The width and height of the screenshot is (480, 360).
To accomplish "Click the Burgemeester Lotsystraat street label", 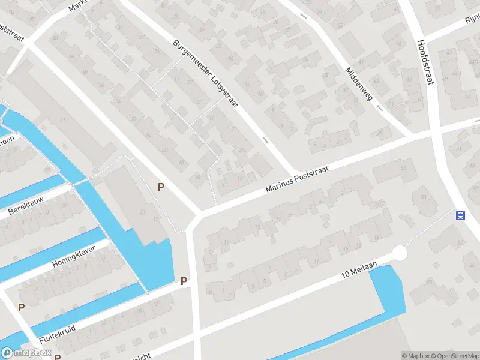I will click(x=206, y=75).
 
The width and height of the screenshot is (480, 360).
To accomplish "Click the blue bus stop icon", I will click(x=460, y=215).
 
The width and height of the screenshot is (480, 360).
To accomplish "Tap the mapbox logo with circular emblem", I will click(x=26, y=353).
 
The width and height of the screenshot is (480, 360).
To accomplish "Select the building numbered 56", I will click(x=424, y=196).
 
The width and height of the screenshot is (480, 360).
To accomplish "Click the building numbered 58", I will click(x=404, y=169).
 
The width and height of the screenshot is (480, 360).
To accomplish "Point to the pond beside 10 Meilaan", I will click(x=387, y=294).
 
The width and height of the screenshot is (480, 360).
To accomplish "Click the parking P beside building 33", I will click(x=161, y=187).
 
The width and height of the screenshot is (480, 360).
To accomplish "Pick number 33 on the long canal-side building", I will click(x=142, y=211).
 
